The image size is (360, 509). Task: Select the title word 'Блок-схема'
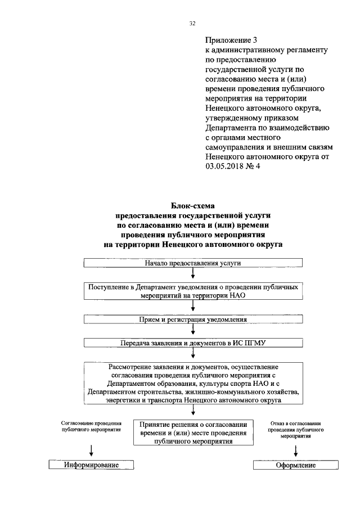(x=193, y=206)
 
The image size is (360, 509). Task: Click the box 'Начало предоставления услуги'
(x=193, y=263)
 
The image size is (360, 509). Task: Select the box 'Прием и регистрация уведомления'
(x=193, y=319)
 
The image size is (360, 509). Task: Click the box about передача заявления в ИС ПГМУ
(x=193, y=343)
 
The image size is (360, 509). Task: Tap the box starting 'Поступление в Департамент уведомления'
(x=193, y=291)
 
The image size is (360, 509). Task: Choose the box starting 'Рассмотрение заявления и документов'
(x=193, y=383)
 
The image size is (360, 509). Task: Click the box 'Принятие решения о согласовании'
(x=193, y=433)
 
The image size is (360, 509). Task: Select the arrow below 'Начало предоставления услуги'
(x=193, y=274)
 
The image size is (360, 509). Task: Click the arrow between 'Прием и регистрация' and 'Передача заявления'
(x=193, y=331)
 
